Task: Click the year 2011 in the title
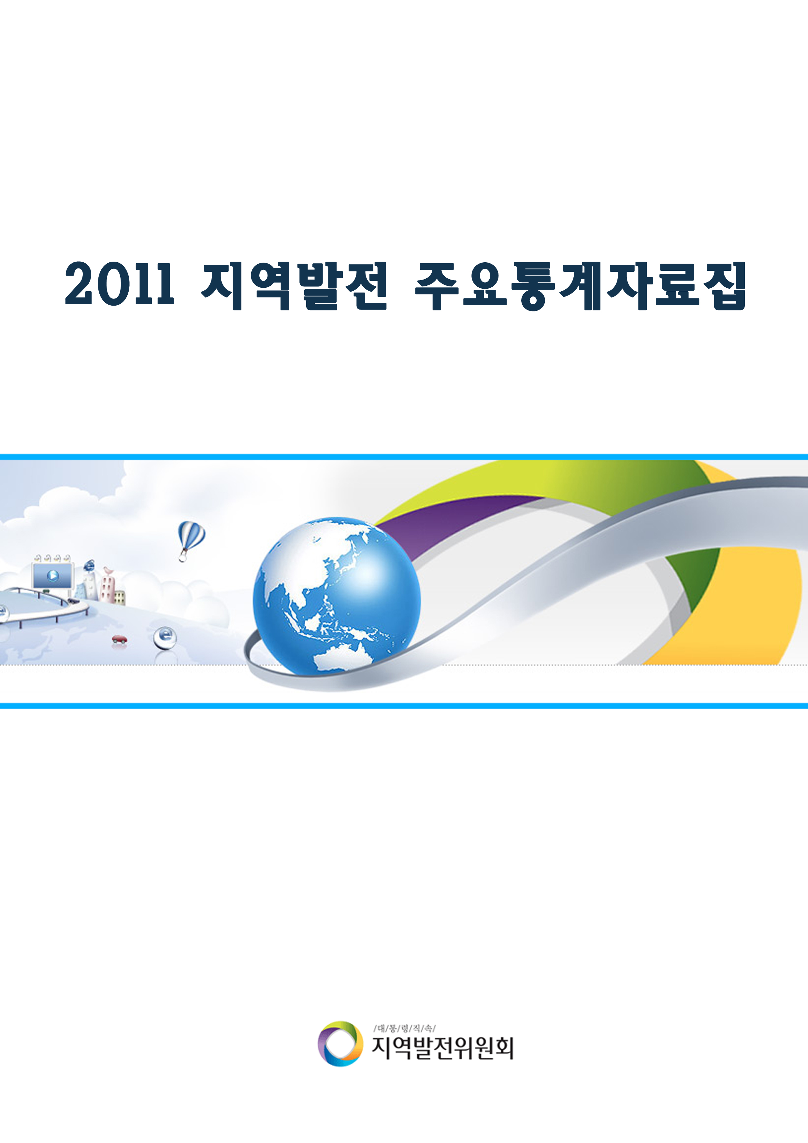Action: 120,284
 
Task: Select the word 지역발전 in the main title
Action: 294,286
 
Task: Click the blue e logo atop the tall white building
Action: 90,566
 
